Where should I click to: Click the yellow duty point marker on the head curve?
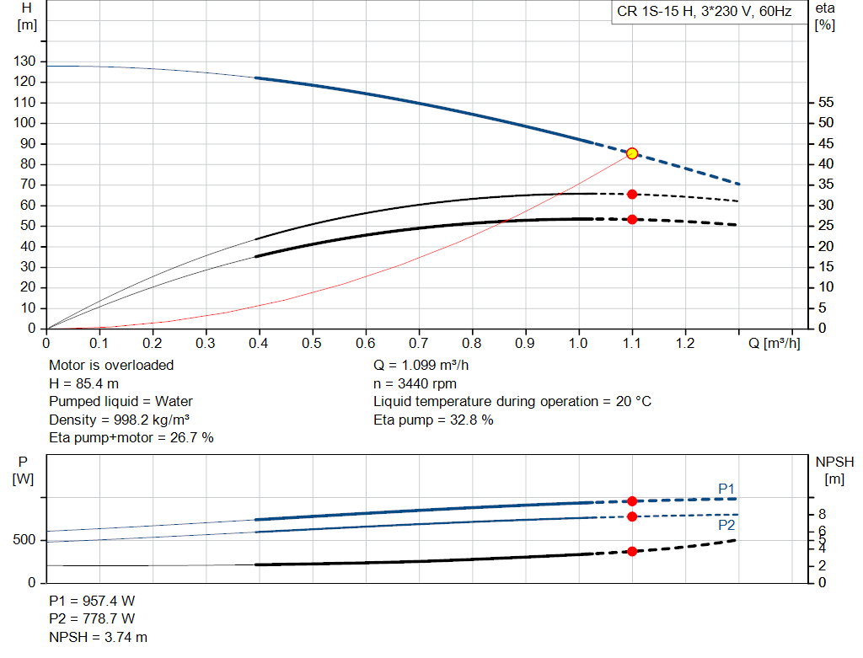click(632, 153)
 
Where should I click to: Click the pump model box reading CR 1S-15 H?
click(705, 12)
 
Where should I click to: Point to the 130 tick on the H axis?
click(24, 61)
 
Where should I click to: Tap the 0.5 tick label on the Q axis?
click(312, 343)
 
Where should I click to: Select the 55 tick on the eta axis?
click(826, 102)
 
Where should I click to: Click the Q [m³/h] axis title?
click(774, 343)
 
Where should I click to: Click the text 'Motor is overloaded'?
click(111, 366)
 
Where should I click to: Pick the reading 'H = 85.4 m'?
click(83, 383)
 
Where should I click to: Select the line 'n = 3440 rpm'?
click(415, 383)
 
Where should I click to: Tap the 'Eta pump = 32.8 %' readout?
click(433, 420)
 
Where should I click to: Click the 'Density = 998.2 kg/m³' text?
click(119, 420)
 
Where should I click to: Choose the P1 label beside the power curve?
click(726, 489)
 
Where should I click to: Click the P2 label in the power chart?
click(726, 526)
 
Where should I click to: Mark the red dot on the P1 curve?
click(632, 501)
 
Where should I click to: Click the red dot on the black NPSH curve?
click(632, 551)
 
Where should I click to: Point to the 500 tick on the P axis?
click(24, 540)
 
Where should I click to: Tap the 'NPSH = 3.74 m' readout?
click(98, 637)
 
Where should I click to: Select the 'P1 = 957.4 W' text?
click(92, 601)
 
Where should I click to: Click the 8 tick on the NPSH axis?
click(823, 515)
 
